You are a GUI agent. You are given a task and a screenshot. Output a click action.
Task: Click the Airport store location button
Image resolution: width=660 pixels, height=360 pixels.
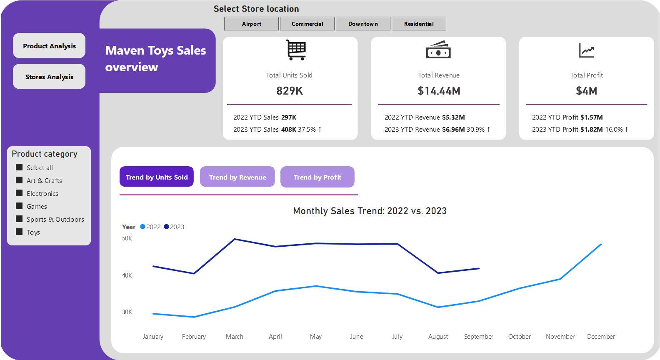coord(251,24)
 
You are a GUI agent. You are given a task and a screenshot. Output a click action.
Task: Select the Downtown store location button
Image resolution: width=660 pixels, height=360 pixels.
coord(363,24)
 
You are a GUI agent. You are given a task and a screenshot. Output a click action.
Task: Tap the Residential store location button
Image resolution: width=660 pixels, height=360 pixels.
coord(419,24)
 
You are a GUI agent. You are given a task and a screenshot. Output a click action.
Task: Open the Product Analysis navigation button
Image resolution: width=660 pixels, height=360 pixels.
coord(49,46)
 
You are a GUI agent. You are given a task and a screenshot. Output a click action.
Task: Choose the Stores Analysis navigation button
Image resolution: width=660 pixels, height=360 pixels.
coord(49,77)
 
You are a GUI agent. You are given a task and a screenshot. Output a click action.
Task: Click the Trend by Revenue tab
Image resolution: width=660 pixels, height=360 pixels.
coord(237,177)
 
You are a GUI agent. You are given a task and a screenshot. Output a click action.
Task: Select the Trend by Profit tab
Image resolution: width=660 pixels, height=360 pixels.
coord(317,177)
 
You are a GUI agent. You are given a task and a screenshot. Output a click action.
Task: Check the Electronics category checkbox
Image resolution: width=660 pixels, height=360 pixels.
coord(19,193)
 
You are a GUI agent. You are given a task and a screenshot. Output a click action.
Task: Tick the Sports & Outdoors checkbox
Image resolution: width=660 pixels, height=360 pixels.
coord(19,219)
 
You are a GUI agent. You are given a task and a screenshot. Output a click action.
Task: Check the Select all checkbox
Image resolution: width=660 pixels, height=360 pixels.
coord(19,167)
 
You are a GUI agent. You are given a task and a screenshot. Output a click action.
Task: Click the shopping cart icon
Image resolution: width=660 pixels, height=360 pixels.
coord(296,50)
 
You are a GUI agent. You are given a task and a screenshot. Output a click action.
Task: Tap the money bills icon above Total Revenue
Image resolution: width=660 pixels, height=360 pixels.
coord(438,50)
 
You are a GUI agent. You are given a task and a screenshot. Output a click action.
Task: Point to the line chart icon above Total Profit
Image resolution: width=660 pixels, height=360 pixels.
coord(586,51)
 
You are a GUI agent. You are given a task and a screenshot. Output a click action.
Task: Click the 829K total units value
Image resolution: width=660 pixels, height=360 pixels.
coord(290,91)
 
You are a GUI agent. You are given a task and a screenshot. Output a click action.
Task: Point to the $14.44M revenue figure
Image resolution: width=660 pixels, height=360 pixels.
coord(439,91)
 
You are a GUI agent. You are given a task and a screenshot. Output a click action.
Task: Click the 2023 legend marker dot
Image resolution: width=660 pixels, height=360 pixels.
coord(167,227)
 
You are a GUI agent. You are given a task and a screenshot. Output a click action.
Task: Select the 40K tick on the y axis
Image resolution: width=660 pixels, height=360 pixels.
coord(127,275)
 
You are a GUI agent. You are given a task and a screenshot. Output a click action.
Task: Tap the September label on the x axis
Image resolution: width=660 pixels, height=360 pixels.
coord(478,337)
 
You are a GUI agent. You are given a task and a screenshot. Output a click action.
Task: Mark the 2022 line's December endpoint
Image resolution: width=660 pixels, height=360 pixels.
coord(600,245)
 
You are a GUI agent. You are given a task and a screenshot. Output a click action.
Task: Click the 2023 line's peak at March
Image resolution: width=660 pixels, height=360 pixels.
coord(235,239)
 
